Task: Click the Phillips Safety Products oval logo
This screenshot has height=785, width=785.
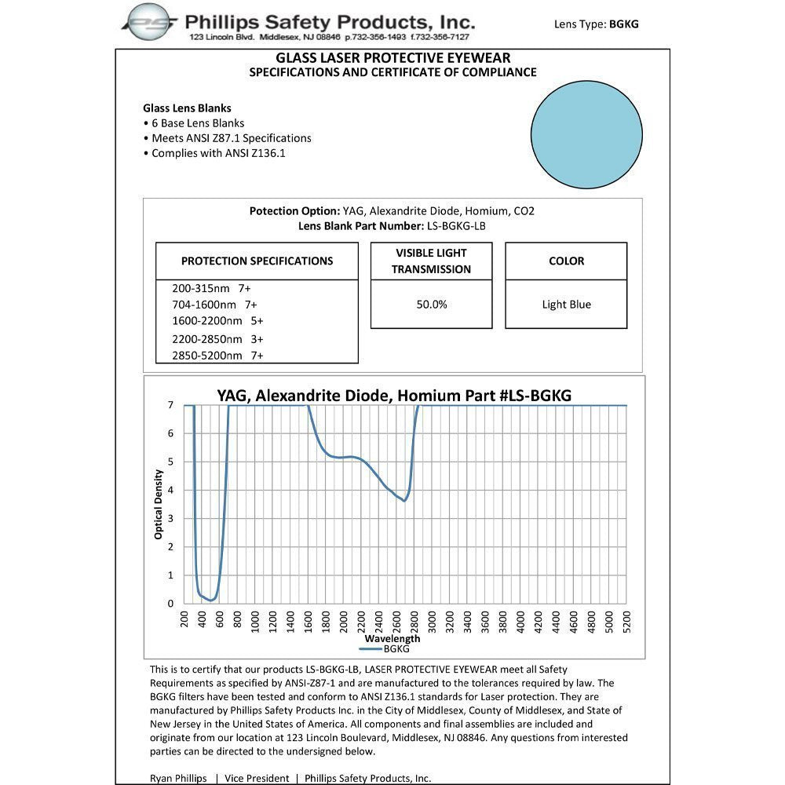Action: point(150,21)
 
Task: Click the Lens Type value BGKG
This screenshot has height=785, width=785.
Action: point(623,24)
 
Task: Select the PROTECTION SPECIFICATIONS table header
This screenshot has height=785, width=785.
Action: point(257,261)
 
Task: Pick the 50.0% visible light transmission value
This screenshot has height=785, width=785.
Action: point(431,305)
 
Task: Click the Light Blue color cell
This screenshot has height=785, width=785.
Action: point(566,305)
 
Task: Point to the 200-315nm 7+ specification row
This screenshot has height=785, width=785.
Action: point(211,288)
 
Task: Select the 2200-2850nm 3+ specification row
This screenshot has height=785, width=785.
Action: point(217,339)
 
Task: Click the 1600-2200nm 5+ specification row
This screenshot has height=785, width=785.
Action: point(217,321)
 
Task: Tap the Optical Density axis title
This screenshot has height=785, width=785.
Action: point(159,504)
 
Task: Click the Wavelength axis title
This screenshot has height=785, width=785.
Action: point(392,639)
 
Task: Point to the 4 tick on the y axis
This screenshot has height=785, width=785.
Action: point(170,491)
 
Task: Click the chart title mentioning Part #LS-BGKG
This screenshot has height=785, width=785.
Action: point(393,395)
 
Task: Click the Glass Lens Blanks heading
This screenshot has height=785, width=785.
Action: point(187,108)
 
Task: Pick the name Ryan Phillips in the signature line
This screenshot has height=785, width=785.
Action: point(177,778)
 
